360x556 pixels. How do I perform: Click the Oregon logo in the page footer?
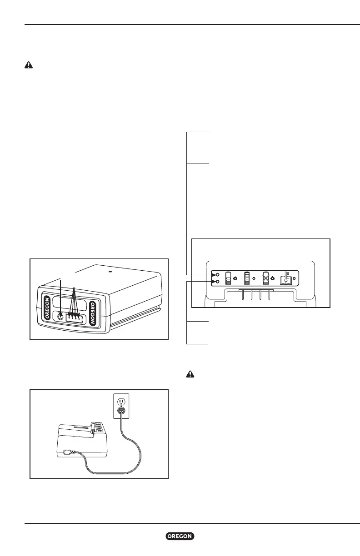tap(180, 536)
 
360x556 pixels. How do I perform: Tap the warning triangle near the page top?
tap(28, 65)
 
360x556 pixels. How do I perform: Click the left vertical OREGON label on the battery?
tap(47, 308)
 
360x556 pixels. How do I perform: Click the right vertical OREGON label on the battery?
tap(93, 312)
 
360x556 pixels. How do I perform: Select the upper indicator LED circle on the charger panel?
tap(218, 275)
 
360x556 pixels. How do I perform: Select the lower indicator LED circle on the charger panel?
tap(218, 282)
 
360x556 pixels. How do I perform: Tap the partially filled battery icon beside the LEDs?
tap(228, 278)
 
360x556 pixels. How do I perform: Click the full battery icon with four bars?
tap(247, 278)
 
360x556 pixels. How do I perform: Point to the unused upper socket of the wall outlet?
tap(121, 402)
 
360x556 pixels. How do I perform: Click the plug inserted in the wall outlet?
tap(121, 411)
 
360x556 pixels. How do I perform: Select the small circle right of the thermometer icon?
tap(295, 278)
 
